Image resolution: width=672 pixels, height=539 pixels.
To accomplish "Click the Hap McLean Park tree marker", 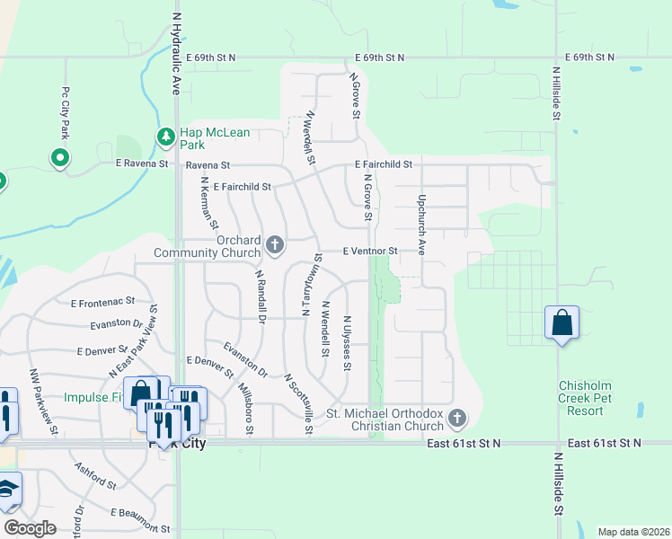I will [165, 137].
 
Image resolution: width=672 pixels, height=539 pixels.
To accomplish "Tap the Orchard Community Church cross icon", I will [275, 244].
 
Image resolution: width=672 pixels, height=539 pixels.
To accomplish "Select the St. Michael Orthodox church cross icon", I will [457, 418].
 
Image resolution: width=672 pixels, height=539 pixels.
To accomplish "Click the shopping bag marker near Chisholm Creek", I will [561, 323].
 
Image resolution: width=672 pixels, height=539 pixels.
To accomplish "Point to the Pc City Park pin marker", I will [60, 159].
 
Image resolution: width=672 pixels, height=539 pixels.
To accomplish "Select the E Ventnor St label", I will [370, 251].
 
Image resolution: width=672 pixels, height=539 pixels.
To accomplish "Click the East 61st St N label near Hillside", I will [605, 443].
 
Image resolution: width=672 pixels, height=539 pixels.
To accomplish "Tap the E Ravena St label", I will [142, 164].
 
